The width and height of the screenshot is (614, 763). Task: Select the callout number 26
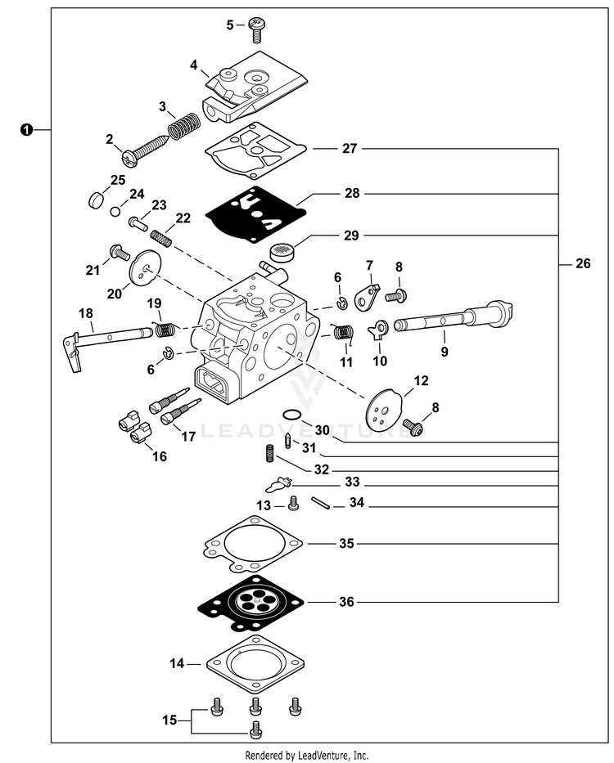[582, 264]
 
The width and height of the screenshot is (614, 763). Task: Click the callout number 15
[169, 720]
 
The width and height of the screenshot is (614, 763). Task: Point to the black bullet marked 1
[27, 129]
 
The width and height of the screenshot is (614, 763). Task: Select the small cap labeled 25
[96, 198]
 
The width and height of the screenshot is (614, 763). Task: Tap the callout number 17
[188, 437]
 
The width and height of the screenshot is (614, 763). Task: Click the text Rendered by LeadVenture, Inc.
[307, 755]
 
